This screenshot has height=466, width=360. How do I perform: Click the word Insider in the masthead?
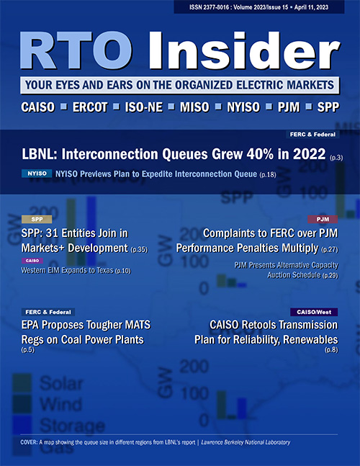click(x=244, y=50)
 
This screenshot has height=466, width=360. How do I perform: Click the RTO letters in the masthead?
click(x=76, y=50)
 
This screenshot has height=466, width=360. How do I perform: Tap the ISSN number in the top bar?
click(x=209, y=7)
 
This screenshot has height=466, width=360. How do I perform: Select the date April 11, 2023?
click(x=311, y=7)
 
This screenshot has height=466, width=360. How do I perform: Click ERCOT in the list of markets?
click(x=90, y=107)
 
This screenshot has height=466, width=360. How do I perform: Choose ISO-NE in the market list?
click(x=144, y=107)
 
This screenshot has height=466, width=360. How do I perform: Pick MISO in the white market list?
click(x=194, y=107)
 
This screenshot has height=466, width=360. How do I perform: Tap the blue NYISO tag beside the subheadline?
click(x=37, y=174)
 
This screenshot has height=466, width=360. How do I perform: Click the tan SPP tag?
click(x=37, y=220)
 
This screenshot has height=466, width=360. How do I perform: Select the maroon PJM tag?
click(x=323, y=220)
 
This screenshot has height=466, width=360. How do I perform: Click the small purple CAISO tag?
click(x=32, y=261)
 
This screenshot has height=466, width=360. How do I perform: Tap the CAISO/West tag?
click(x=314, y=312)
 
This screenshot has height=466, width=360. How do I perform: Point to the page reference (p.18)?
click(x=268, y=175)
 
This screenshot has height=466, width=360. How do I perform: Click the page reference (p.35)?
click(x=139, y=249)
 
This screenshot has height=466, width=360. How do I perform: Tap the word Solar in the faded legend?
click(x=61, y=384)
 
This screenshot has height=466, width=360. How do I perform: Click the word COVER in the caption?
click(x=29, y=442)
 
